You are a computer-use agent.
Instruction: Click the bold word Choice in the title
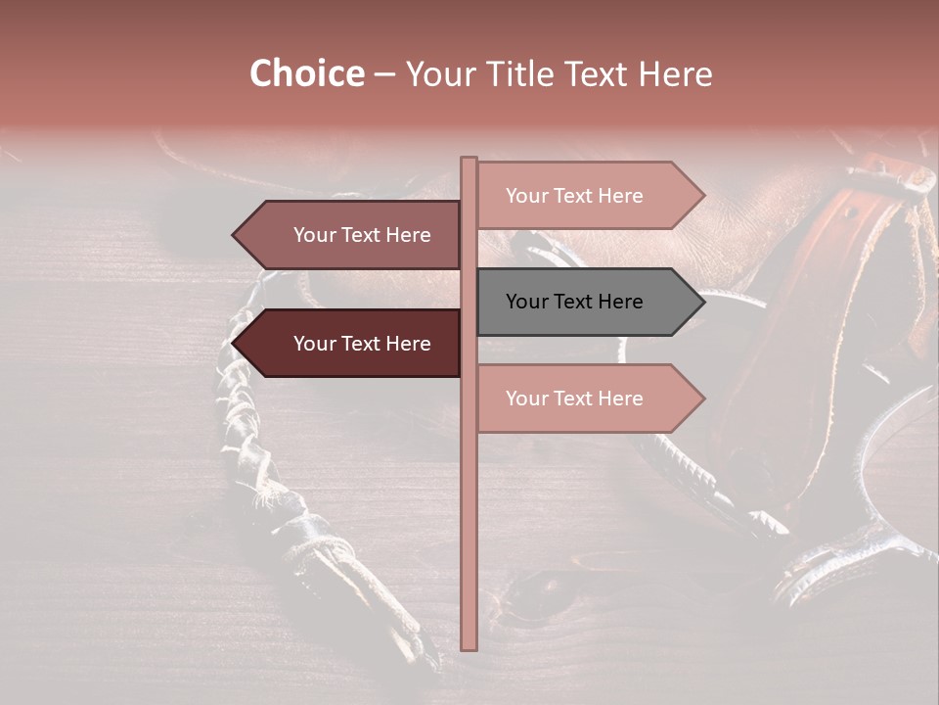[306, 74]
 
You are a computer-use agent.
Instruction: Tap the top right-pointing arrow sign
[587, 196]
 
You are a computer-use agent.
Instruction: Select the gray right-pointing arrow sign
[587, 302]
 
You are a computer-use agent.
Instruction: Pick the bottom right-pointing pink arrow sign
[587, 399]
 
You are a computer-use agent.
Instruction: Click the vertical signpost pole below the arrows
[469, 539]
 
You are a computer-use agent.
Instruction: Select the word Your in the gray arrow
[525, 302]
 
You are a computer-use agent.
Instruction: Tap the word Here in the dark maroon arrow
[407, 344]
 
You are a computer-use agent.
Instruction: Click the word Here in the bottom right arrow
[619, 399]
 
